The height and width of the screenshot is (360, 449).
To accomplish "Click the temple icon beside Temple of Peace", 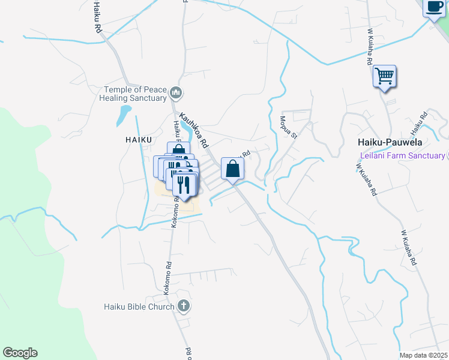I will coord(176,93).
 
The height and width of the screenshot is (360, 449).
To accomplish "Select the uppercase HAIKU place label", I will coord(124,139).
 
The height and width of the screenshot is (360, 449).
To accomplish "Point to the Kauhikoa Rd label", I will coord(193,132).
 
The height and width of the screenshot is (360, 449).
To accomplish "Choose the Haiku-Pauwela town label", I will coord(390,143).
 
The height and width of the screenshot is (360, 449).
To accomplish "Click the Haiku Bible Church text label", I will coord(137,307).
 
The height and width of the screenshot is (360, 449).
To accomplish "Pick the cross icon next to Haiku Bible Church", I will coord(184,307).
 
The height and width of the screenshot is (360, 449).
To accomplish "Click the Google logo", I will coord(20,353).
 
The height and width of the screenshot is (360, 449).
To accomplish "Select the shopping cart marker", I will coord(384,77).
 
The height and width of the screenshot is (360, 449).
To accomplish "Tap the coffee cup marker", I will coord(434,8).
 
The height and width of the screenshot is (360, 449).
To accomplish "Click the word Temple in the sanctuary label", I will coord(118,89).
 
